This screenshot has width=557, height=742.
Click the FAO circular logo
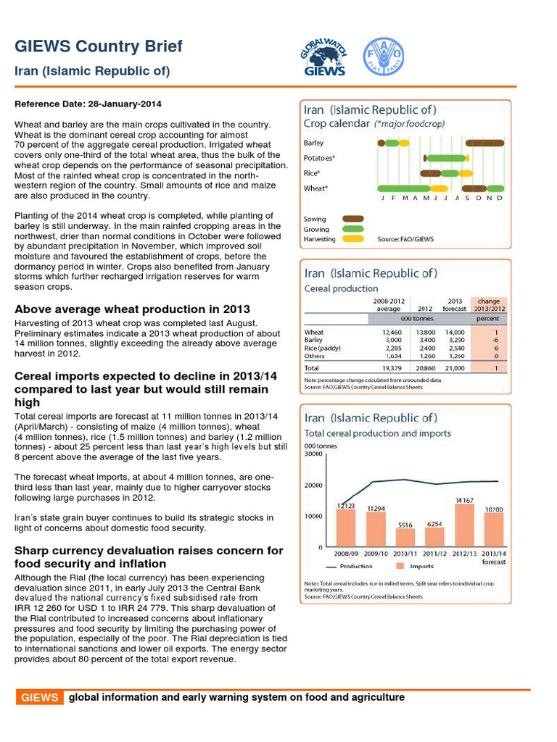[383, 55]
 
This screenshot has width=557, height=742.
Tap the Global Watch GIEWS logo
[323, 57]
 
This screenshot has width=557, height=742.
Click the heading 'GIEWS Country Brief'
[99, 47]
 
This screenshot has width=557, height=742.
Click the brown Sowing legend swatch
[353, 219]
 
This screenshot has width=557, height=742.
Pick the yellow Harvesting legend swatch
[353, 238]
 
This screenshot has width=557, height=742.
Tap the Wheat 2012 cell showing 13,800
[425, 333]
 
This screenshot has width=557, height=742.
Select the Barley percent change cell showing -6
[495, 340]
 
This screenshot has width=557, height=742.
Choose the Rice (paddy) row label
[322, 348]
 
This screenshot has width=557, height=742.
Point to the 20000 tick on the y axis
[314, 485]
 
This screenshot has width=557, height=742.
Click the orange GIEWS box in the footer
[40, 698]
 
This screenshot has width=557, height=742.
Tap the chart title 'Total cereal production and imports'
[377, 433]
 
